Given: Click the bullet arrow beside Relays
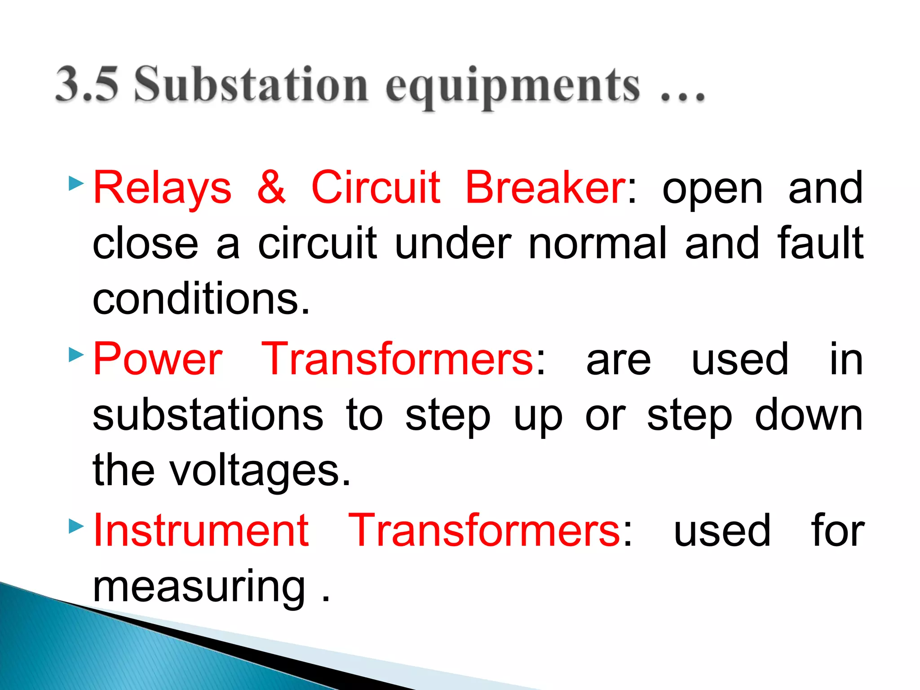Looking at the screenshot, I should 76,183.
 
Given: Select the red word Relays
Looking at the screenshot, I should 162,188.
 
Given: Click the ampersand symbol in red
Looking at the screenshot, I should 271,188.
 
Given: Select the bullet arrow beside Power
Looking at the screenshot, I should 76,355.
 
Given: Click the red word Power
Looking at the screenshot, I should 158,359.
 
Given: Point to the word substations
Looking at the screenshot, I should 208,415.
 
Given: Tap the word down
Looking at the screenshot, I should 809,415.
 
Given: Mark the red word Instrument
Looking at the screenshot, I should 201,531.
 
